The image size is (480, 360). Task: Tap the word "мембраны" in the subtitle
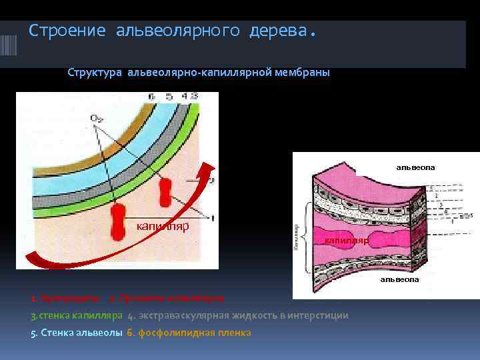coord(302,72)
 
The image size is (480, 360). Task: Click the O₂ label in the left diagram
coord(97,119)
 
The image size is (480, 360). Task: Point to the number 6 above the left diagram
coord(151,97)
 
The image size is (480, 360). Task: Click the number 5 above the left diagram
coord(165,97)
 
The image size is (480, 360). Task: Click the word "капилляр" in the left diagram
coord(163,226)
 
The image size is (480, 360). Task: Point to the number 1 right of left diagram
coord(212,217)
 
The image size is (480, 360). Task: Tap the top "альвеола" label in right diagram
coord(415,167)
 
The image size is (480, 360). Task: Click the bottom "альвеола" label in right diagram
coord(400,279)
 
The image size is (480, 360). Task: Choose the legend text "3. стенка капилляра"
coord(77,315)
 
